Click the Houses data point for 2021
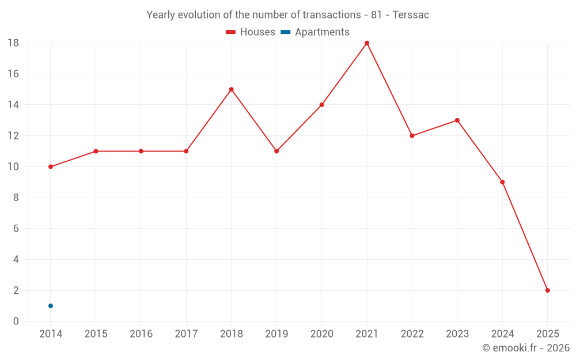(367, 43)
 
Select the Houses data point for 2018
(231, 89)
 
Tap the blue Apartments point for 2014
(51, 306)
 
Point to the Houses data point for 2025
(547, 290)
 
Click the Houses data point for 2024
(502, 182)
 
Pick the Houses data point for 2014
(51, 166)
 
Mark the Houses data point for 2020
(321, 105)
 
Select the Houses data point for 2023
(457, 120)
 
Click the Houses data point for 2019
(276, 151)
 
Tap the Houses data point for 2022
(412, 136)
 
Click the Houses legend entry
(251, 32)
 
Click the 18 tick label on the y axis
(13, 43)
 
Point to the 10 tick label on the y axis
(13, 167)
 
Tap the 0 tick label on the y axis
(16, 321)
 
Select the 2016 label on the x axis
(141, 334)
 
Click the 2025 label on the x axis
(547, 334)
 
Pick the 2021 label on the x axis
(367, 334)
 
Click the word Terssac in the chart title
(411, 15)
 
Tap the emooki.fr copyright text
(526, 348)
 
